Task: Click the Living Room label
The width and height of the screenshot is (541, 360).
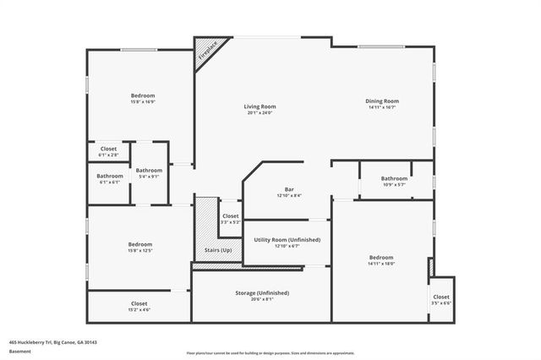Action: [x=260, y=106]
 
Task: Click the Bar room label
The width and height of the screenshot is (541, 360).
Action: [x=288, y=189]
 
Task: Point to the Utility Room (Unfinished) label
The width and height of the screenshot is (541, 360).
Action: [x=287, y=240]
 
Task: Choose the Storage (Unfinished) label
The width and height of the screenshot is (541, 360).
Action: [x=262, y=292]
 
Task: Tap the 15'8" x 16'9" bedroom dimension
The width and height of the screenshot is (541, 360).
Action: [x=142, y=102]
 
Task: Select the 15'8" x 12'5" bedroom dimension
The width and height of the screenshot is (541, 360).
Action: [x=140, y=250]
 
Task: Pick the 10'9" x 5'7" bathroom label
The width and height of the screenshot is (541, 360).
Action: [x=394, y=184]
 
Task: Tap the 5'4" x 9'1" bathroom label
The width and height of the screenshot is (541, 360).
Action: [x=150, y=177]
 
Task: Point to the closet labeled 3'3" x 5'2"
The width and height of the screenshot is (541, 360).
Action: [x=231, y=219]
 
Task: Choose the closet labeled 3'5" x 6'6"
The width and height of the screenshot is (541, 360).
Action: [x=441, y=300]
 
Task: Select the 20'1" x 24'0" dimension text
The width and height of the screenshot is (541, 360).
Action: [x=260, y=112]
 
